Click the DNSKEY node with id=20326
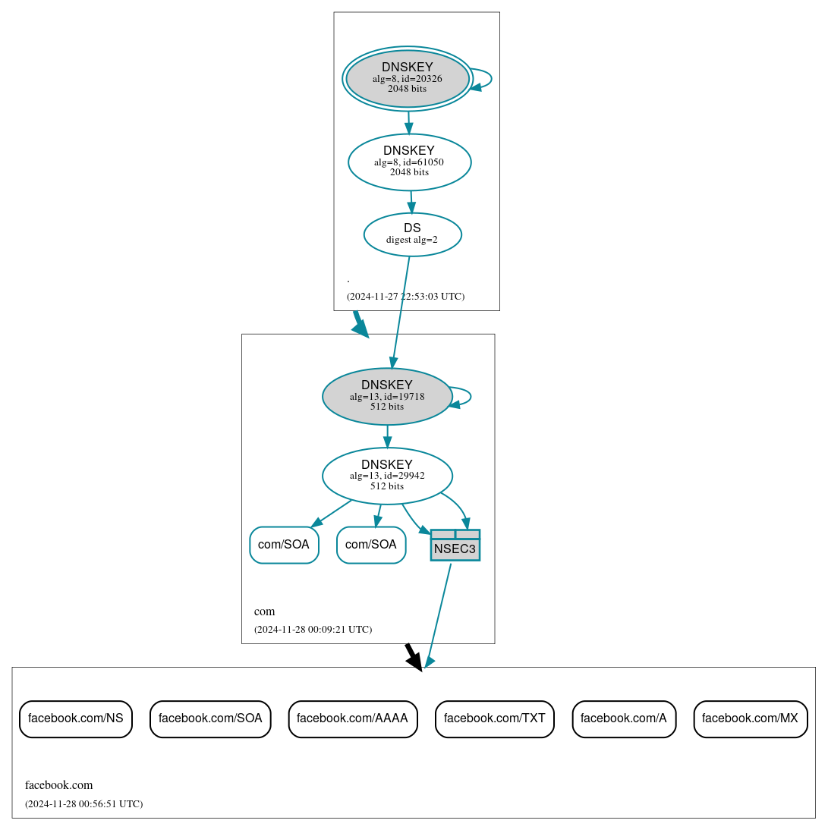(407, 78)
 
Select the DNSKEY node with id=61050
(409, 162)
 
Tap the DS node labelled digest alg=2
(412, 234)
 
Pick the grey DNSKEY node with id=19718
(387, 396)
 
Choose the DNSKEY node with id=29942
(387, 476)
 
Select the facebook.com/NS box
(76, 718)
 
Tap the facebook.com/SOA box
(210, 718)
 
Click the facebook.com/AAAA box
(352, 718)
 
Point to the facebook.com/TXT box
(494, 718)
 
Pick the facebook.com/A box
(624, 718)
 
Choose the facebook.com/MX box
(750, 718)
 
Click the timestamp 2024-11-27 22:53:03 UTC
(405, 297)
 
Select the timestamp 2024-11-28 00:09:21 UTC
(313, 630)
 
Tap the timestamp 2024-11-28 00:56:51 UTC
(83, 804)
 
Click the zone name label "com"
(264, 611)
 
